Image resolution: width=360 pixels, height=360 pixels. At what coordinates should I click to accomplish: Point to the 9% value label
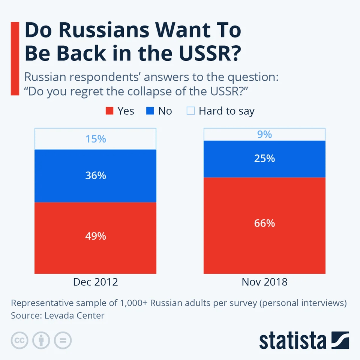point(264,134)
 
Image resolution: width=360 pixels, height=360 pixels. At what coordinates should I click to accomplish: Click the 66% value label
point(264,223)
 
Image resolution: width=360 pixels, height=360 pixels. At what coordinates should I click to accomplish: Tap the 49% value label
point(95,236)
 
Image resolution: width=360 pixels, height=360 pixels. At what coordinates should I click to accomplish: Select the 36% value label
point(95,175)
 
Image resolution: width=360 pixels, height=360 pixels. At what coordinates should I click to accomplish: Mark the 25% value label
point(264,159)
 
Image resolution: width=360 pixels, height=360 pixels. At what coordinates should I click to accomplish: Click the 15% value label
point(95,139)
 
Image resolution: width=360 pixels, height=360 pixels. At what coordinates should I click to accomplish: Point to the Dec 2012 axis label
point(95,282)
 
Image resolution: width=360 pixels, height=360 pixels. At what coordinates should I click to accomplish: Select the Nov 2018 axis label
point(264,282)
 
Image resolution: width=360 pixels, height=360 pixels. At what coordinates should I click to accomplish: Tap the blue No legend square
point(150,111)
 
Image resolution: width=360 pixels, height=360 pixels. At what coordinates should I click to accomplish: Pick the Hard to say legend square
point(190,111)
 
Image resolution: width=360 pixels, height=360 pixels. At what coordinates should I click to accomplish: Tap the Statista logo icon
point(340,340)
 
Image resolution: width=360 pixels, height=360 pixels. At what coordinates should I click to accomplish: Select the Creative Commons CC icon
point(19,340)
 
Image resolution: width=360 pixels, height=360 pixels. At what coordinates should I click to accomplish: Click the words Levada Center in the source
point(74,315)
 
